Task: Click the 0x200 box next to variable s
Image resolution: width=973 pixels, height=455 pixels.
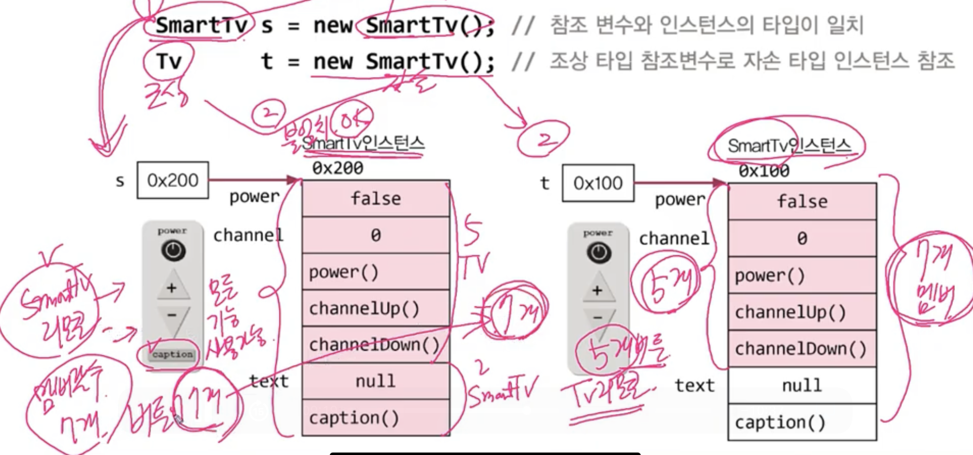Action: pyautogui.click(x=172, y=180)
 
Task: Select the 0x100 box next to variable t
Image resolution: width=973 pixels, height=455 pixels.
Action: pyautogui.click(x=597, y=183)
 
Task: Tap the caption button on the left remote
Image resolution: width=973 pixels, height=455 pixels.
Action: pyautogui.click(x=172, y=354)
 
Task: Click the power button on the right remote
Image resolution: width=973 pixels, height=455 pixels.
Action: pyautogui.click(x=598, y=252)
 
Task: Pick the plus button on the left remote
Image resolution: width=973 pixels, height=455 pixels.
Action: pyautogui.click(x=172, y=288)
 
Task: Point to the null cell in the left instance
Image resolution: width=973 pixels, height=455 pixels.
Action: pyautogui.click(x=376, y=381)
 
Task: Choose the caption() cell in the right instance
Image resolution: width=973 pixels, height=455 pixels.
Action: pyautogui.click(x=802, y=422)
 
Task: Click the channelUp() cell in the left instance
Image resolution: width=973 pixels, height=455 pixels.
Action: pyautogui.click(x=376, y=308)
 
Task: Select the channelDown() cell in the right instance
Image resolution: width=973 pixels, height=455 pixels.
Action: pyautogui.click(x=802, y=349)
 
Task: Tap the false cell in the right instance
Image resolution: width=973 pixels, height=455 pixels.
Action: pyautogui.click(x=802, y=202)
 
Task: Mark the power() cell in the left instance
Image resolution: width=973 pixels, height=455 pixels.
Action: pyautogui.click(x=376, y=272)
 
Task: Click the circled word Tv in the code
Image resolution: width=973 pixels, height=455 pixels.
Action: pyautogui.click(x=169, y=62)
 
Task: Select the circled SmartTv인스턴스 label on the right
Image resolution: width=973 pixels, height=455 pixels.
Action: pyautogui.click(x=789, y=146)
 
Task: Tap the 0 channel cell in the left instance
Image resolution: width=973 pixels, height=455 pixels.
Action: pyautogui.click(x=376, y=235)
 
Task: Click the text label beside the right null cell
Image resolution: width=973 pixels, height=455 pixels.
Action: pyautogui.click(x=695, y=385)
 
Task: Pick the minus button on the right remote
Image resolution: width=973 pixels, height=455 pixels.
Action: pyautogui.click(x=598, y=317)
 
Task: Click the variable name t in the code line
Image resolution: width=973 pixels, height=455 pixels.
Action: pyautogui.click(x=267, y=62)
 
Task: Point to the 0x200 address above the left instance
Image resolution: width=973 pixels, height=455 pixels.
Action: pyautogui.click(x=338, y=168)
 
